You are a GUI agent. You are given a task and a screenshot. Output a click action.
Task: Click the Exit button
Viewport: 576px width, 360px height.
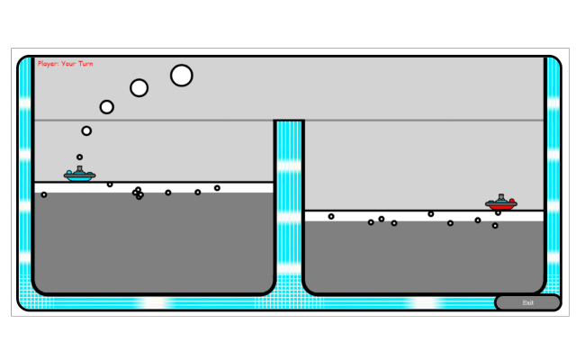pos(527,302)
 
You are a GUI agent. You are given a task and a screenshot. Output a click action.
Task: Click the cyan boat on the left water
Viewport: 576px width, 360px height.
pos(80,174)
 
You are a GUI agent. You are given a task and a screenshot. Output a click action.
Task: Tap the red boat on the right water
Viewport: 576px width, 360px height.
pos(501,202)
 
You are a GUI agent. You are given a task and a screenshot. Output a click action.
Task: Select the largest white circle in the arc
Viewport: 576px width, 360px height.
pos(182,76)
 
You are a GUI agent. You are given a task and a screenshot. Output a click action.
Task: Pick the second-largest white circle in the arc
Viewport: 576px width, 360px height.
pos(139,88)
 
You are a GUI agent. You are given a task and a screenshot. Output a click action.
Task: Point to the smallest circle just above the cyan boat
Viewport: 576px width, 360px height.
pos(79,157)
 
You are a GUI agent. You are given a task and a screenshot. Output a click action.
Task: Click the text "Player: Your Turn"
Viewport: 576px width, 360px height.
pos(65,64)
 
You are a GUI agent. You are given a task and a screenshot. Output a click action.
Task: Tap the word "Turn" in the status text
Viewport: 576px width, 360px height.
pos(85,64)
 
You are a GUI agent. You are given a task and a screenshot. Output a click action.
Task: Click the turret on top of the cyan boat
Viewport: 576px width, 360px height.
pos(80,168)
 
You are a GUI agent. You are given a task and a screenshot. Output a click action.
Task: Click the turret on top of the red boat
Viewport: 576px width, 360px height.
pos(501,197)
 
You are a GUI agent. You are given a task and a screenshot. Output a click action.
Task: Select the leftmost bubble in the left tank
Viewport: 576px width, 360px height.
pos(44,194)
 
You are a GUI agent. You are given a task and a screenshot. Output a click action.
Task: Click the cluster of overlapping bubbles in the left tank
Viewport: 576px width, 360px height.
pos(138,193)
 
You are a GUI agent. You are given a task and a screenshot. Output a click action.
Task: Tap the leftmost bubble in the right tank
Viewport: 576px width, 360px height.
pos(331,216)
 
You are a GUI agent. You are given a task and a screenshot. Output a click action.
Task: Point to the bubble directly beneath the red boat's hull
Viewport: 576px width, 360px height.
pos(498,212)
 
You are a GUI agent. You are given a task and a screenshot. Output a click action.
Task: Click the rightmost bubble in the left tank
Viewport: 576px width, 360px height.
pos(217,188)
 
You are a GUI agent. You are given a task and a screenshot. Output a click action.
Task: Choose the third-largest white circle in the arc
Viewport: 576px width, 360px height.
pos(106,107)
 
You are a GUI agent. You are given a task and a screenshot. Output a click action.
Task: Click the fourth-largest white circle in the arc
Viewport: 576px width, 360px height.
pos(86,130)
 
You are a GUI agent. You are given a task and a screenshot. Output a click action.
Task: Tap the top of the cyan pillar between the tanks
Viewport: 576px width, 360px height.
pos(289,121)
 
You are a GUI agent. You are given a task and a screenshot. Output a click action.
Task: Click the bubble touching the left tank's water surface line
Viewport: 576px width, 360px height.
pos(110,184)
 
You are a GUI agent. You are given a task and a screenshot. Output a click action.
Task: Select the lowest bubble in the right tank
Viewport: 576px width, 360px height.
pos(495,226)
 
